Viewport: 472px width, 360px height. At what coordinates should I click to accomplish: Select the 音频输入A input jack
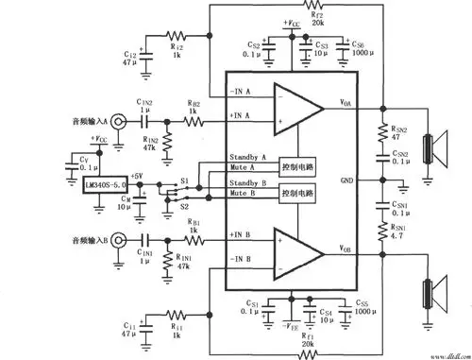coord(120,121)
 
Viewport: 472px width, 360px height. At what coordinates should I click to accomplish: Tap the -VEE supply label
coord(300,325)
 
